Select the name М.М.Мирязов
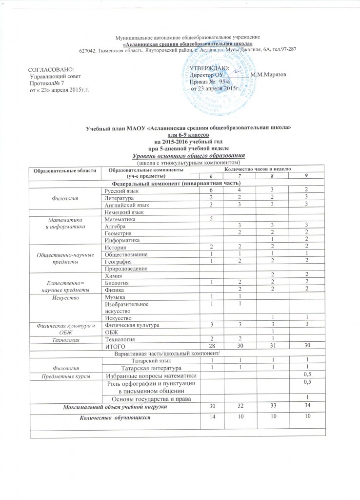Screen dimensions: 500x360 268,74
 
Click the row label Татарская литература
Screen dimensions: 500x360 146,367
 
